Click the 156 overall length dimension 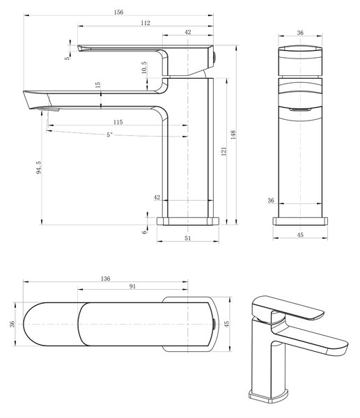[x=118, y=13]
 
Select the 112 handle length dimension [x=146, y=23]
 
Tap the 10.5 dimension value [x=144, y=68]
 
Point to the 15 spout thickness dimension [x=97, y=85]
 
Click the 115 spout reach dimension [x=118, y=122]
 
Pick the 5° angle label [x=109, y=135]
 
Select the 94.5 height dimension [x=38, y=167]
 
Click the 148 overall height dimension [x=233, y=135]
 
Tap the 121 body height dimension [x=224, y=151]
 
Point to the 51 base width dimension [x=188, y=238]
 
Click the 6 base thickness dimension [x=144, y=232]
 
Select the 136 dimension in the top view [x=106, y=279]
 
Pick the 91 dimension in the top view [x=132, y=286]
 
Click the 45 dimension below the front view [x=300, y=235]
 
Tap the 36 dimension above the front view [x=300, y=33]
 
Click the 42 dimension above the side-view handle [x=188, y=32]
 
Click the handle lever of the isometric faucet [x=288, y=308]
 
